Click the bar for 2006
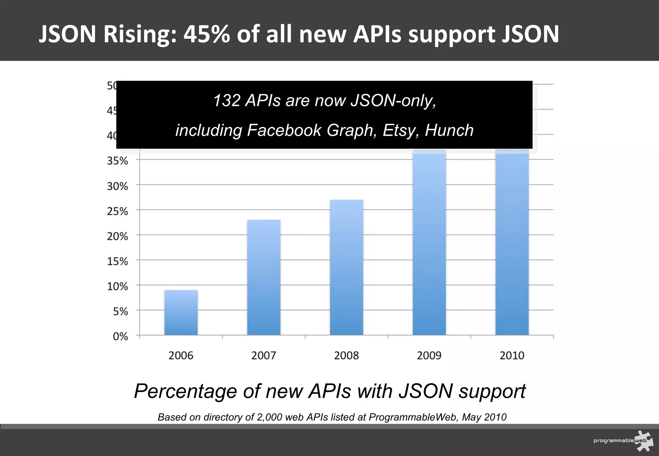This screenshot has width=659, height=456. point(181,313)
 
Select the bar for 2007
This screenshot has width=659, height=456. point(264,277)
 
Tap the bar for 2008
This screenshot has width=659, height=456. point(347,267)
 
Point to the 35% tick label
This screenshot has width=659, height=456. point(117,161)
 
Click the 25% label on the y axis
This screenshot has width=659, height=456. point(117,211)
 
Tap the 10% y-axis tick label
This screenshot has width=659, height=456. point(117,286)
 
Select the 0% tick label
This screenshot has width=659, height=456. point(120,336)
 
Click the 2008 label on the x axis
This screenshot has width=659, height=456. point(347,356)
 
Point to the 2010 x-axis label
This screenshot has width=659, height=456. point(512,356)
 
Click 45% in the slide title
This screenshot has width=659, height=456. point(207,34)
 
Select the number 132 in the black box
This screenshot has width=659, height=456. point(227,100)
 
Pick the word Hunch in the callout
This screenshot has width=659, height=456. point(449,130)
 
